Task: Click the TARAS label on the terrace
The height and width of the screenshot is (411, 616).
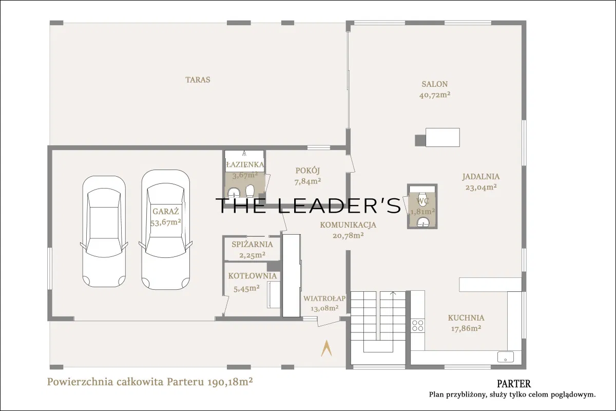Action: tap(198, 80)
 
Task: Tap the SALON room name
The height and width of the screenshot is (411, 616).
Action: tap(435, 84)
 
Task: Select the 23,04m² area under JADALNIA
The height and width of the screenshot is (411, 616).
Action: tap(481, 187)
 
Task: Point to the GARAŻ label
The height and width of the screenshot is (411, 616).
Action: tap(165, 212)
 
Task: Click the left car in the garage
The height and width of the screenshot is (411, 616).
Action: tap(104, 232)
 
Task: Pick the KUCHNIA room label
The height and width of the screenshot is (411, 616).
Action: tap(466, 318)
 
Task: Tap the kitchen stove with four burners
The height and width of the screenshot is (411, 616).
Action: tap(417, 325)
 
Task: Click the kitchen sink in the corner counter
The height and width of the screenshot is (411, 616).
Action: tap(506, 357)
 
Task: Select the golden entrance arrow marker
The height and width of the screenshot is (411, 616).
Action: tap(326, 348)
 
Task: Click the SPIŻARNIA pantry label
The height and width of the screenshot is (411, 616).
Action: tap(252, 245)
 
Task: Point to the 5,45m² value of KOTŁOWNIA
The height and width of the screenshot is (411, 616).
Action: tap(246, 288)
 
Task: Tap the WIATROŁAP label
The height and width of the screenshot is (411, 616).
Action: tap(324, 298)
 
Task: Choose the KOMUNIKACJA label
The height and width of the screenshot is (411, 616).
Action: tap(348, 225)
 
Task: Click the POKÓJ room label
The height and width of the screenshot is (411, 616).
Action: tap(307, 171)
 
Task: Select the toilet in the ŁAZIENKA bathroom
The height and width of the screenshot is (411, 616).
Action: tap(250, 191)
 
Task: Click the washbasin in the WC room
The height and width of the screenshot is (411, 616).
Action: tap(422, 222)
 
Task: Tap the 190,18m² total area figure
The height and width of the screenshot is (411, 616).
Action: tap(230, 382)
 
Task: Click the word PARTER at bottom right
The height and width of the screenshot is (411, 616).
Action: tap(514, 383)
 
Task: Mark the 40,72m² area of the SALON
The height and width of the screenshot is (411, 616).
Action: tap(435, 95)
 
